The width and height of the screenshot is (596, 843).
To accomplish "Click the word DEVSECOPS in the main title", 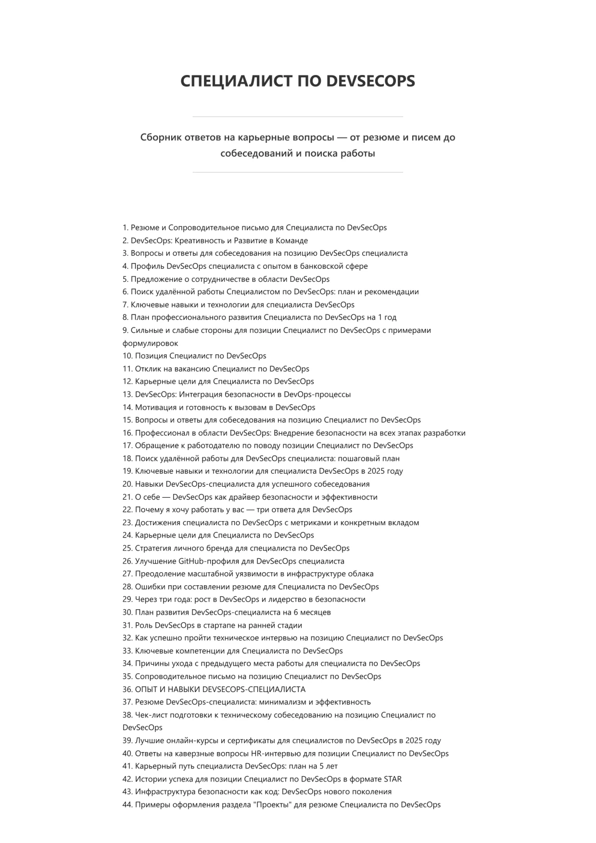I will click(x=370, y=81).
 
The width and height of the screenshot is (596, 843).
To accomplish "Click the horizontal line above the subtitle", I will click(x=298, y=117).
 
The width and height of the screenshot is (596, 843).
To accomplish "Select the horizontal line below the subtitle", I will click(x=298, y=172).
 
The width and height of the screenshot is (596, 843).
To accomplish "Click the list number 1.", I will click(x=125, y=228).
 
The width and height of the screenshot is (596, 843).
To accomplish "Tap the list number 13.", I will click(x=127, y=395).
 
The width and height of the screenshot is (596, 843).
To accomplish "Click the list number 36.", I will click(x=127, y=690).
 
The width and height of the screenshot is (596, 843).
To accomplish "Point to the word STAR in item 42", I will click(x=393, y=780).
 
